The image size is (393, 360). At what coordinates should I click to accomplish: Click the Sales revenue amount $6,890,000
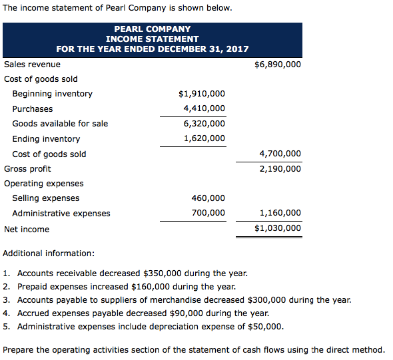pos(278,65)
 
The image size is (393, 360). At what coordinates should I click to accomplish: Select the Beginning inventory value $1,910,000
pos(202,94)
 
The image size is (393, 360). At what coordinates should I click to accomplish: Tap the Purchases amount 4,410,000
pos(204,108)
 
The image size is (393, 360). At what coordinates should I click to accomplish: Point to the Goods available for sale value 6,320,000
pos(204,123)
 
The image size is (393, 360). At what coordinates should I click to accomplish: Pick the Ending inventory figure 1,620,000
pos(204,138)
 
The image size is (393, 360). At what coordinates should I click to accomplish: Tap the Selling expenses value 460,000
pos(209,198)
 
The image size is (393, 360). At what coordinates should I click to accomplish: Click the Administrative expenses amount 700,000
pos(209,213)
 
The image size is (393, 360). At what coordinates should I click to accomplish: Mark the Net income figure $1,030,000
pos(278,228)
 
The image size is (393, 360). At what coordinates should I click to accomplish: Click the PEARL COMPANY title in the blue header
pos(153,29)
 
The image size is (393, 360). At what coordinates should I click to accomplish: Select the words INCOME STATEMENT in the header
pos(153,39)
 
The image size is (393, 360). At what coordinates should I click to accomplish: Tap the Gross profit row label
pos(27,168)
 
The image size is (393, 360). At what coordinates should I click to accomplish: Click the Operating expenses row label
pos(44,183)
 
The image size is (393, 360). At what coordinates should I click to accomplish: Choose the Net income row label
pos(27,229)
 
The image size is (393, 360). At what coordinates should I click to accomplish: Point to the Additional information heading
pos(49,254)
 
